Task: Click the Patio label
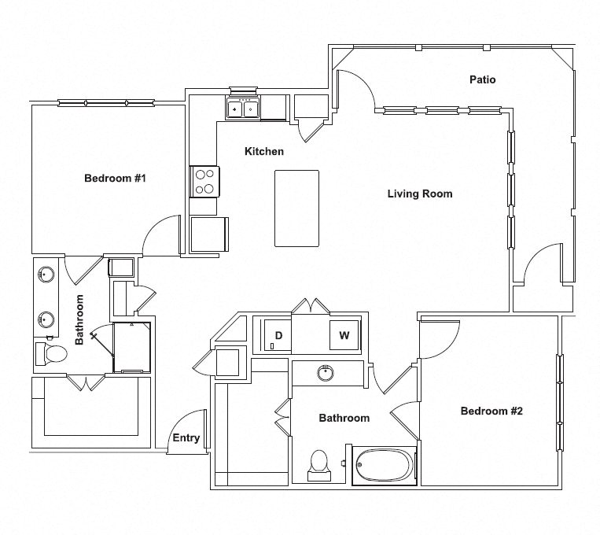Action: pos(482,79)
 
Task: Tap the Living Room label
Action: pos(420,194)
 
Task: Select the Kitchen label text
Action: pos(263,151)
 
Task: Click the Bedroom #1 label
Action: pos(116,179)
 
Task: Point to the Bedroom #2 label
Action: pos(491,411)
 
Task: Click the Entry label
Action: pos(186,438)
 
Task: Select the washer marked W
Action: pos(344,335)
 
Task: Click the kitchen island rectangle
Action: pos(296,208)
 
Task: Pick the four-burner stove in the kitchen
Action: pos(204,182)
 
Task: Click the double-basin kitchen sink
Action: pos(242,109)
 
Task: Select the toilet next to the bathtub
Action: pos(319,463)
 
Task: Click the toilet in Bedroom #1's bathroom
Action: pos(51,353)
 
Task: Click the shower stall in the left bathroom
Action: pos(131,347)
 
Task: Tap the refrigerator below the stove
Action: pos(208,234)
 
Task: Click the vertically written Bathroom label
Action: pos(79,320)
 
